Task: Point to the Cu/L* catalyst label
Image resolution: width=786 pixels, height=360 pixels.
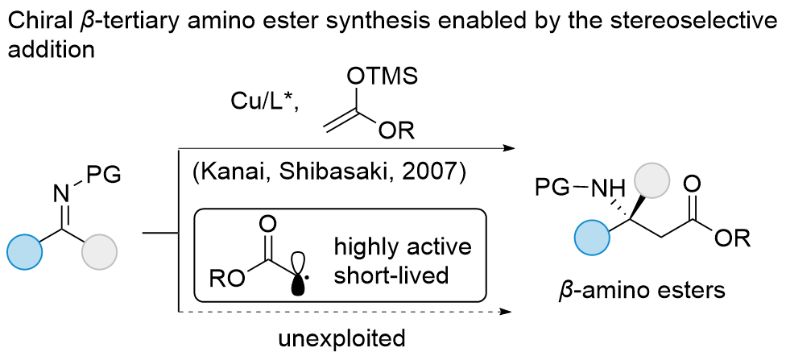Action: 263,103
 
